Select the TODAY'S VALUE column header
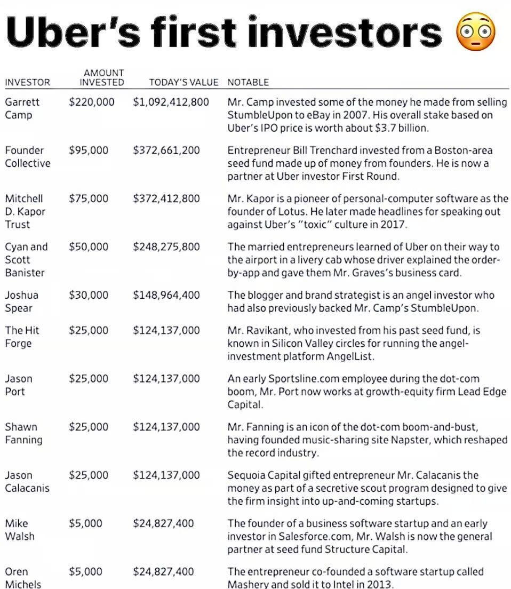pyautogui.click(x=183, y=82)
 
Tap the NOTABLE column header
pyautogui.click(x=248, y=82)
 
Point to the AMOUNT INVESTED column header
pyautogui.click(x=101, y=77)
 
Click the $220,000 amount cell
pyautogui.click(x=91, y=102)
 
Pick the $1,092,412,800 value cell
pyautogui.click(x=171, y=102)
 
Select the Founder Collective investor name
pyautogui.click(x=28, y=157)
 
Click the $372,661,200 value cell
pyautogui.click(x=166, y=150)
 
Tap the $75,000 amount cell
pyautogui.click(x=89, y=198)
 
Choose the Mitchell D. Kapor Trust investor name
pyautogui.click(x=25, y=211)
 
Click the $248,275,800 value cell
pyautogui.click(x=166, y=246)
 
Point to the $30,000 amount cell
pyautogui.click(x=89, y=295)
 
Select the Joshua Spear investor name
pyautogui.click(x=21, y=301)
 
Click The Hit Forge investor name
pyautogui.click(x=22, y=337)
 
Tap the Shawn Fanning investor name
pyautogui.click(x=24, y=433)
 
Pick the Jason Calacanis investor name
pyautogui.click(x=27, y=481)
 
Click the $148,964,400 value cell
pyautogui.click(x=166, y=295)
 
